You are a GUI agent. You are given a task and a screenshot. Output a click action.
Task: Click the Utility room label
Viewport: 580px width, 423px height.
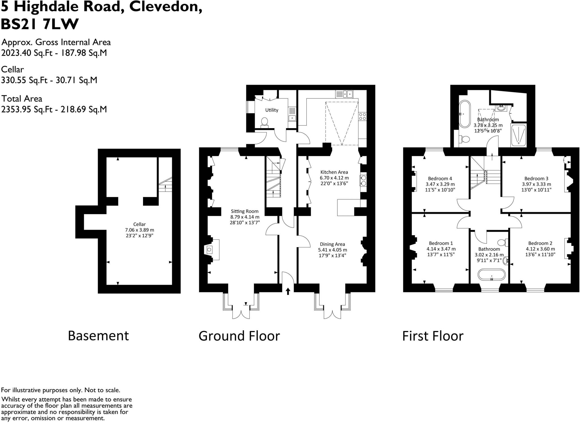[x=272, y=110]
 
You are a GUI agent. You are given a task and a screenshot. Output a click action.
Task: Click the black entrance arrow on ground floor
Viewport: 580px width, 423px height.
[x=288, y=291]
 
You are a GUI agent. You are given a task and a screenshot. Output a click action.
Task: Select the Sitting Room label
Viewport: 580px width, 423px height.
[x=245, y=211]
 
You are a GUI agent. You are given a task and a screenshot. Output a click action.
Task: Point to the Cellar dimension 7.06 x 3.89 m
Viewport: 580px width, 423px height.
[x=140, y=230]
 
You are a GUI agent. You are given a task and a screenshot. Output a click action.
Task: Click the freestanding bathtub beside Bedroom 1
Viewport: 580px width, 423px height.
[x=492, y=274]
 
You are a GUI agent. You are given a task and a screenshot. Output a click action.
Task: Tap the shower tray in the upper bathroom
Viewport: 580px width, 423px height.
[x=519, y=135]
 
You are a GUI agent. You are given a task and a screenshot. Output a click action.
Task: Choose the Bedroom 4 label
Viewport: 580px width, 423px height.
[x=440, y=179]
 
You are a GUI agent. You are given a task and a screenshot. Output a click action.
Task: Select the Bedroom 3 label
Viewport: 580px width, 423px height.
[x=536, y=179]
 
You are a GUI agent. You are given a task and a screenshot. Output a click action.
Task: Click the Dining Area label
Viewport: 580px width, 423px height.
[x=332, y=244]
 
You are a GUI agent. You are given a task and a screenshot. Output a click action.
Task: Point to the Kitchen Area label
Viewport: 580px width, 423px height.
[x=334, y=172]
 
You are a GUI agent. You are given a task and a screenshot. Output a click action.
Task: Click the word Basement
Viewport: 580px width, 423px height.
[x=98, y=336]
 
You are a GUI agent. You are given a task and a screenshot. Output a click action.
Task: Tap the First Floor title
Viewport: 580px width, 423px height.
[x=433, y=336]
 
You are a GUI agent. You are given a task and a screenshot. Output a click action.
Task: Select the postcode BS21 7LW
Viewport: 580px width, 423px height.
[x=40, y=24]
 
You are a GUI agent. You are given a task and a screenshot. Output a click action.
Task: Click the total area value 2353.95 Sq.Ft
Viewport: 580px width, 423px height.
[x=27, y=109]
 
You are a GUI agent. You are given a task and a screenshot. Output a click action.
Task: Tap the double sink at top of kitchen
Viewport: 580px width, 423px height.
[x=344, y=94]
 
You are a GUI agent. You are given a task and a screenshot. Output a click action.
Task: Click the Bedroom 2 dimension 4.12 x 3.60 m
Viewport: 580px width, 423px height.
[x=540, y=249]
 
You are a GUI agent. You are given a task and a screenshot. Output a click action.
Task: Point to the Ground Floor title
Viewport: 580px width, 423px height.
[x=239, y=336]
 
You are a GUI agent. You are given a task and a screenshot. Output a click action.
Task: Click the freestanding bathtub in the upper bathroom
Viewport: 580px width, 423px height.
[x=465, y=114]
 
